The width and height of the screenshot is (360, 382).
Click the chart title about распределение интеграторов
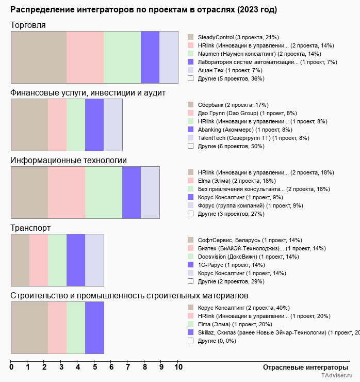point(143,10)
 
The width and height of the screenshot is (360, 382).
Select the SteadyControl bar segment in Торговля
point(39,57)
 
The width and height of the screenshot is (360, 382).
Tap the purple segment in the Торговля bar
point(150,57)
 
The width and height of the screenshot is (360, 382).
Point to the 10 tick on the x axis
point(178,368)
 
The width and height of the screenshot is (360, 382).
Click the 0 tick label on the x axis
point(11,368)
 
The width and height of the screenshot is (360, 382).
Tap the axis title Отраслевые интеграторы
point(302,367)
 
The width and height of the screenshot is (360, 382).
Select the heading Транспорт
point(30,228)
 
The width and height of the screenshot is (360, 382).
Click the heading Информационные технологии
point(69,160)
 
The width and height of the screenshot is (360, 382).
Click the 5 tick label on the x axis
point(95,368)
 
